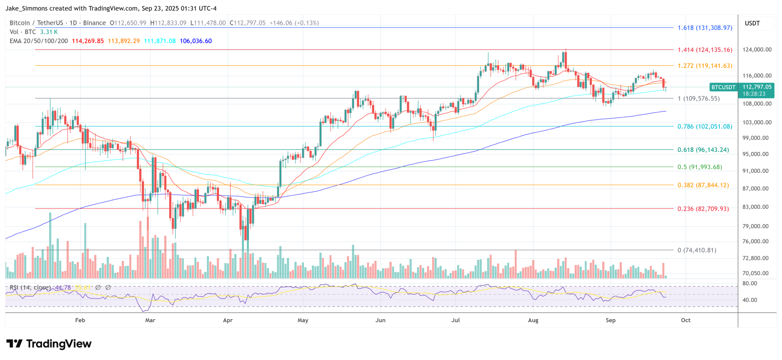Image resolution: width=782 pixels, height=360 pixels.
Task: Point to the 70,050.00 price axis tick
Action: coord(755,273)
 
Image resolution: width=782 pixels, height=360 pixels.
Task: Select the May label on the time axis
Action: coord(303,320)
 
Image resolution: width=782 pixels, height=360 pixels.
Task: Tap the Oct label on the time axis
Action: coord(686,320)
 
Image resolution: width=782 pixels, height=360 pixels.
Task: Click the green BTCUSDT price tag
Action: coord(723,87)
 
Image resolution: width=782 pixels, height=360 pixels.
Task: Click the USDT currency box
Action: coord(752,23)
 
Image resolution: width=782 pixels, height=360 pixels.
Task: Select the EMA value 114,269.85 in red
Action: coord(88,41)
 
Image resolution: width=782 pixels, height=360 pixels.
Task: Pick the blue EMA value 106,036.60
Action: coord(195,41)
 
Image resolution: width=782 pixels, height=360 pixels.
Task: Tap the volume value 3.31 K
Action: coord(49,32)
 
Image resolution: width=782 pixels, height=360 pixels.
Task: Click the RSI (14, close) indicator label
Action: coord(30,287)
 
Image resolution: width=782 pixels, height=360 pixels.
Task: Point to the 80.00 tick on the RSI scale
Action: coord(750,284)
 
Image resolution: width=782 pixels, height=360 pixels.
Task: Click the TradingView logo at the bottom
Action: coord(49,344)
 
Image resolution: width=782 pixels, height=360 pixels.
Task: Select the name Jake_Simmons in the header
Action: coord(25,8)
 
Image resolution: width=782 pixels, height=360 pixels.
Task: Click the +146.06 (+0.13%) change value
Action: coord(294,23)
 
